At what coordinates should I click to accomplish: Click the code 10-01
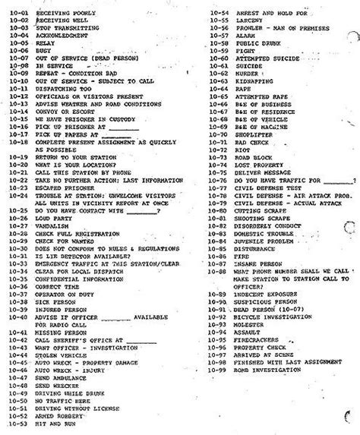click(14, 11)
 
